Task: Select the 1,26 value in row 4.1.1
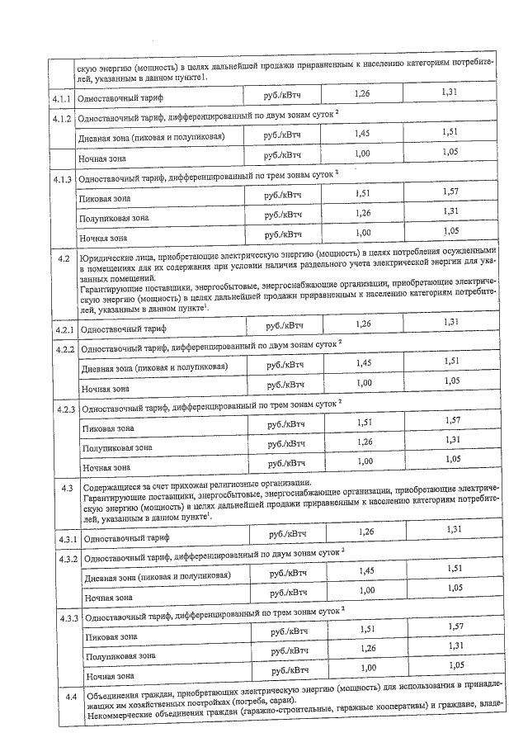[361, 95]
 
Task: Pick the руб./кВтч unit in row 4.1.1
[283, 97]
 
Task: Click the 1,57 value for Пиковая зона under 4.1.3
[450, 191]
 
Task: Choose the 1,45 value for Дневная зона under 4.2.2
[363, 362]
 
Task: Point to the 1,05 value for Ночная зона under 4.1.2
[450, 152]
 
